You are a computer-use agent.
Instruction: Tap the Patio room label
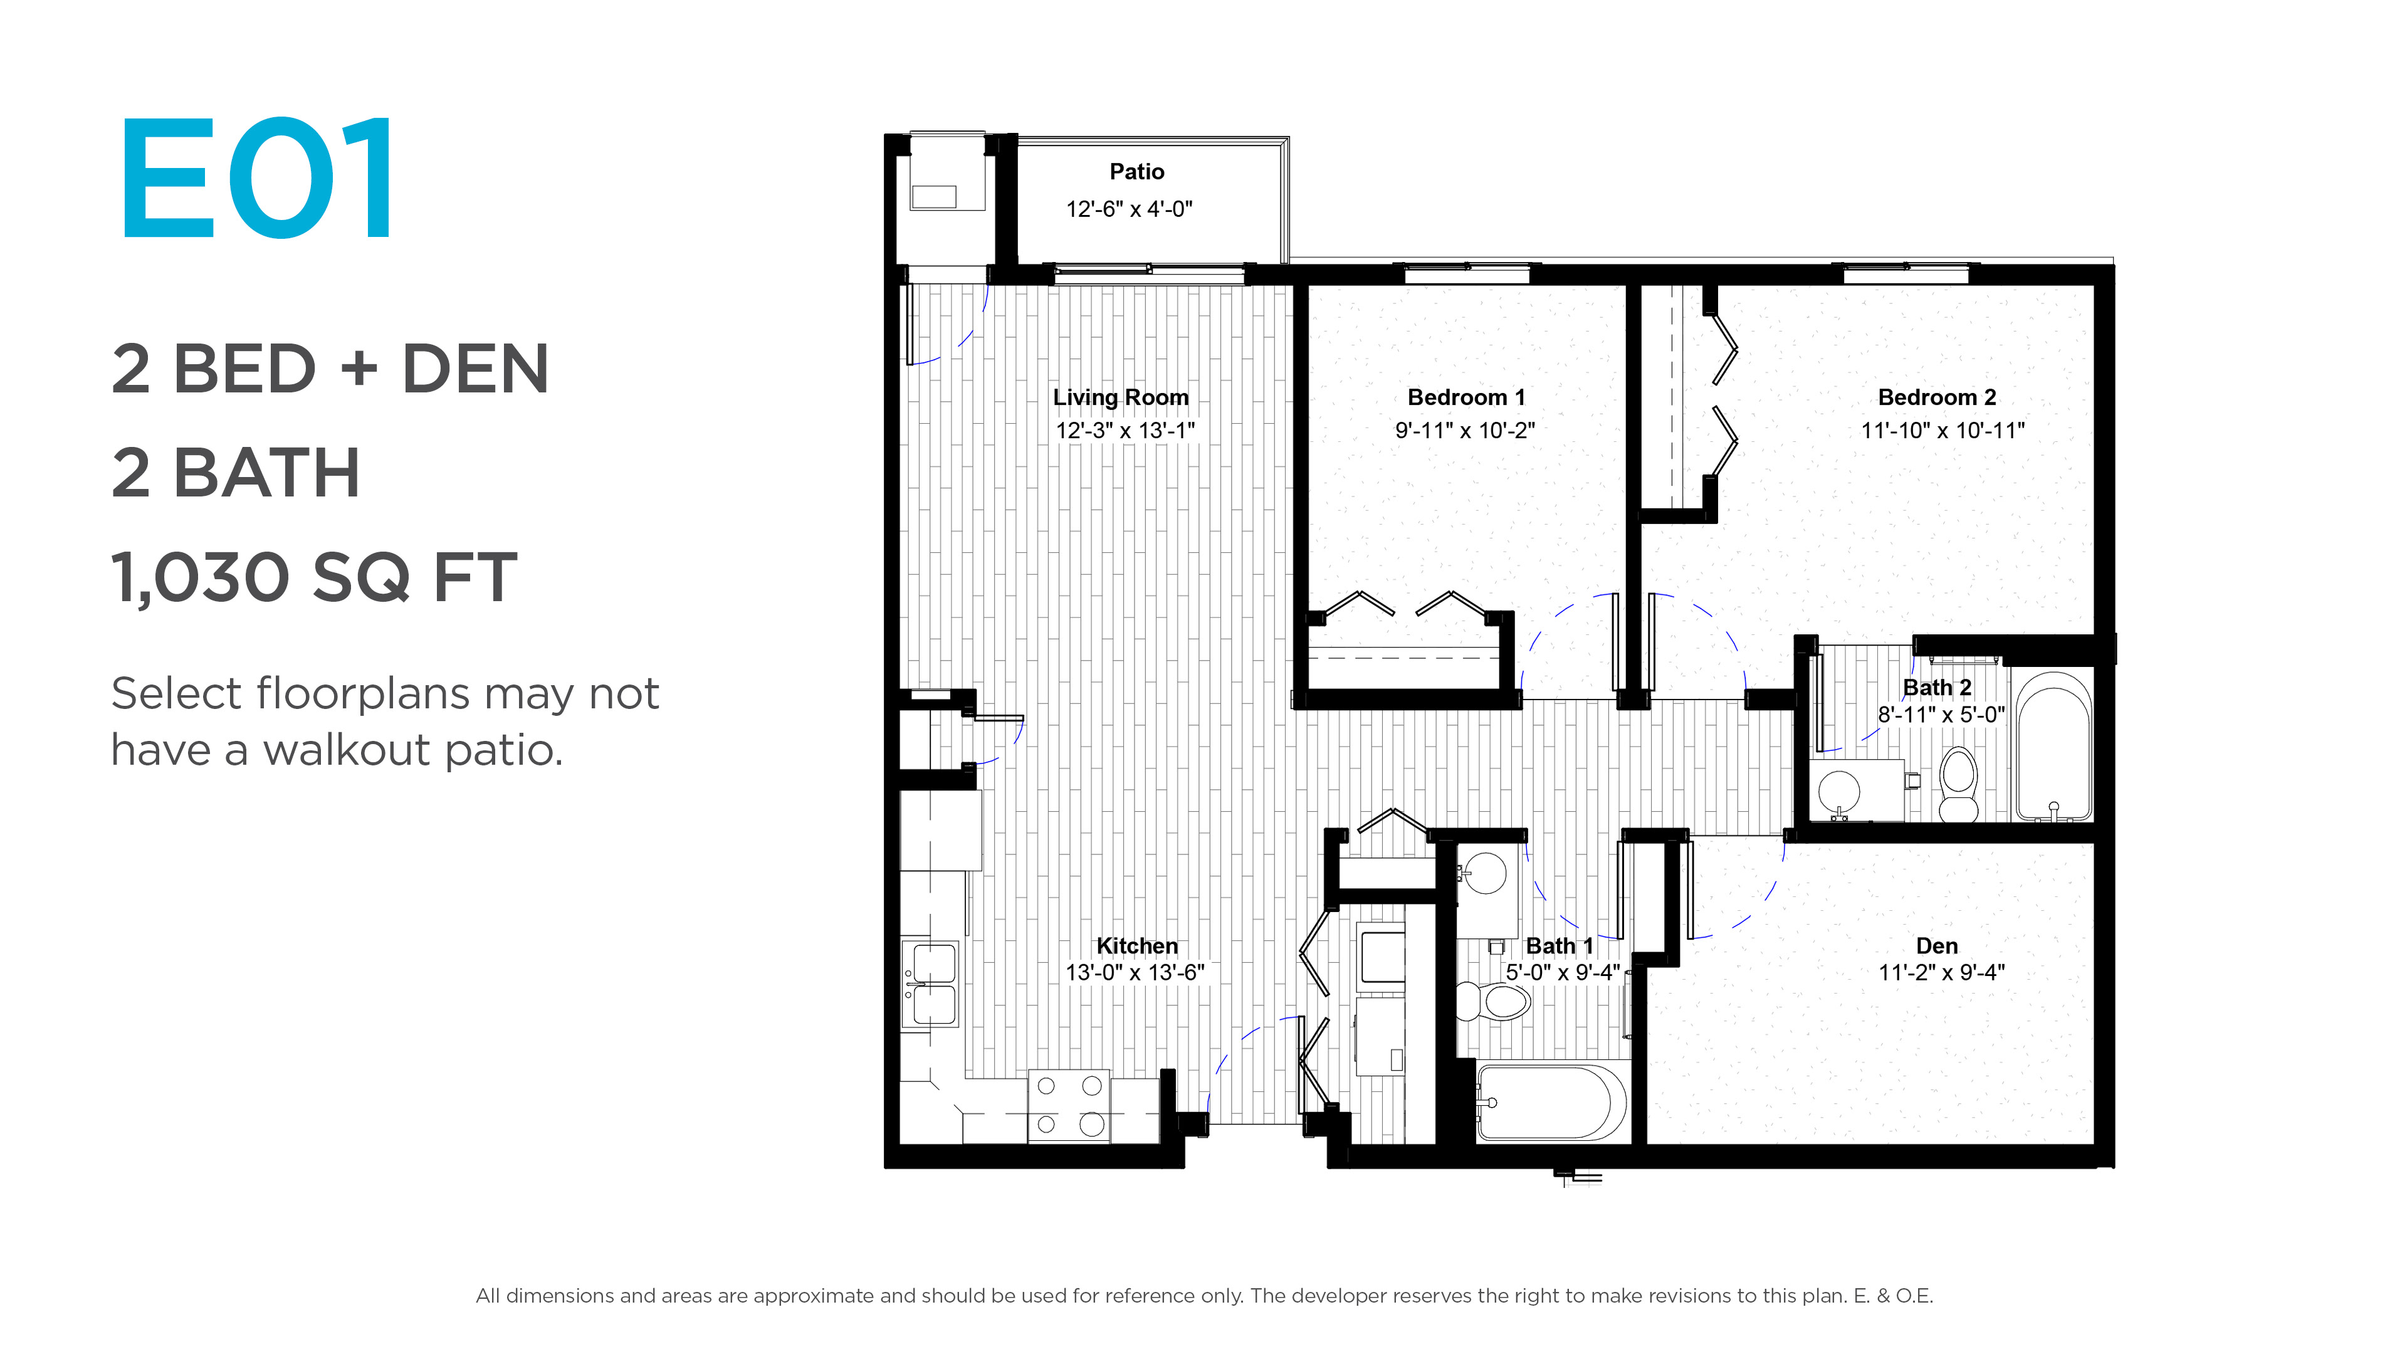(1136, 172)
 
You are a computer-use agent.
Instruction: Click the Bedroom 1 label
(1466, 397)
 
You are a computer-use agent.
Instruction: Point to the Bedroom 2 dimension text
(1943, 431)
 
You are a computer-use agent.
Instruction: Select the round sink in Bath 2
(1839, 792)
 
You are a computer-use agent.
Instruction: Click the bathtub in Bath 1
(1551, 1103)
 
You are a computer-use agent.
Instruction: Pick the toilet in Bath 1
(1493, 1002)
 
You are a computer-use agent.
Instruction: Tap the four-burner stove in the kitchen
(1069, 1105)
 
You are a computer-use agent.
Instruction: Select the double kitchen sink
(930, 985)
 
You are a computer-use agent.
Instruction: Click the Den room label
(1937, 946)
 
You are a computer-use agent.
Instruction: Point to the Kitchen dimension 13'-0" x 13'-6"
(1135, 973)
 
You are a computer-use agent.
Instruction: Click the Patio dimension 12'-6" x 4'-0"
(1129, 209)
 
